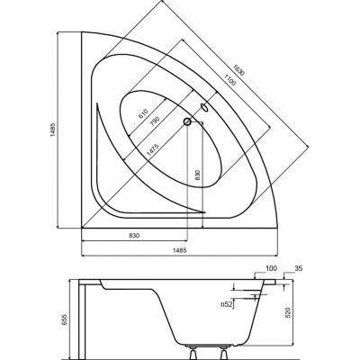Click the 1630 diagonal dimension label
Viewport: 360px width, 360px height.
coord(238,70)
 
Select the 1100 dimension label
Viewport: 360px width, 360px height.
coord(229,79)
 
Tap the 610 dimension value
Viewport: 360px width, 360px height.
coord(143,113)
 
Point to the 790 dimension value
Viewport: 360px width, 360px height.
coord(154,121)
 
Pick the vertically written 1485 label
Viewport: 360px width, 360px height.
coord(52,130)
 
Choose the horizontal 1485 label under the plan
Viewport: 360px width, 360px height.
coord(181,250)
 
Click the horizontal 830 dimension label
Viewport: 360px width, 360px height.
coord(134,236)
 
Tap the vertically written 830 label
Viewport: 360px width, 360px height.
coord(197,175)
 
